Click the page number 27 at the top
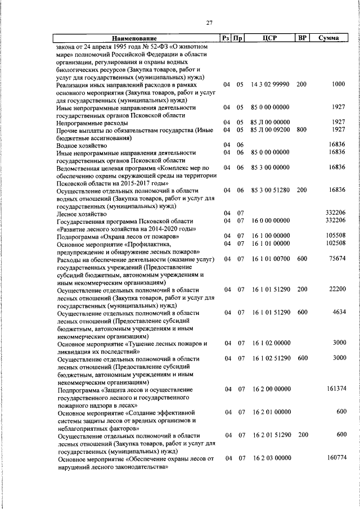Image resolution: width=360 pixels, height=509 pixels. (209, 22)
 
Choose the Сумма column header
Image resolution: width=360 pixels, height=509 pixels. (328, 38)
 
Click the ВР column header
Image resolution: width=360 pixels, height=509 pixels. (302, 38)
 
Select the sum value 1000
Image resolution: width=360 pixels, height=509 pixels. (338, 84)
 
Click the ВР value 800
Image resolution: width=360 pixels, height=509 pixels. (301, 129)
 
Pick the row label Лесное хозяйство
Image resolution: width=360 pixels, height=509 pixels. (81, 214)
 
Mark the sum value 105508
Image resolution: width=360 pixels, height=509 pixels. (335, 236)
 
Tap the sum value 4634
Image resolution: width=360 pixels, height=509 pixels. (338, 312)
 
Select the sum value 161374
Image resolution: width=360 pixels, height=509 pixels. (335, 389)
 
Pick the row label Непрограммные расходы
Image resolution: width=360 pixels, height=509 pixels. (92, 122)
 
